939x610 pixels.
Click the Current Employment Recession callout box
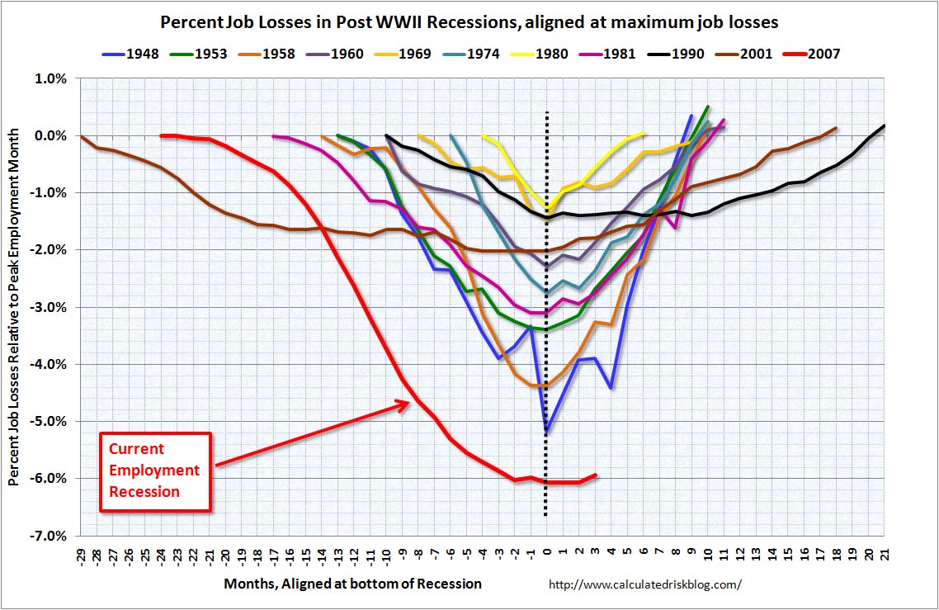tap(154, 471)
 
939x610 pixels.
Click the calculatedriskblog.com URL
tap(645, 584)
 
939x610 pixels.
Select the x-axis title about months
tap(352, 584)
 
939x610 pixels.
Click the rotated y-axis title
tap(15, 306)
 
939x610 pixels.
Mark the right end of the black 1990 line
tap(885, 125)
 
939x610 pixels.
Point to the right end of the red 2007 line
tap(596, 475)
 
